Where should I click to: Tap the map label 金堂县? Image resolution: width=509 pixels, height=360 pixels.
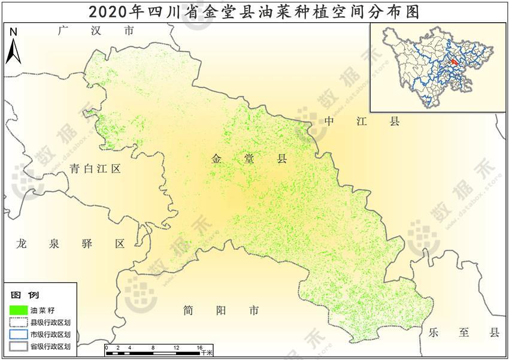coord(249,159)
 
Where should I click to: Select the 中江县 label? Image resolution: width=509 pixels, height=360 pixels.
coord(361,122)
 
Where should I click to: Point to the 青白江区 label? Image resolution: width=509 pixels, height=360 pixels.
coord(95,169)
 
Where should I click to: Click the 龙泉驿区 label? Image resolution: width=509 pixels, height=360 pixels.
coord(71,244)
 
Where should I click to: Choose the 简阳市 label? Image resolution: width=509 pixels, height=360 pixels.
coord(222,310)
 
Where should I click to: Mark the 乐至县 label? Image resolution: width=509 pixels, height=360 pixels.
coord(463,333)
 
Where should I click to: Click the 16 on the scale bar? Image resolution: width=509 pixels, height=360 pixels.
coord(200,347)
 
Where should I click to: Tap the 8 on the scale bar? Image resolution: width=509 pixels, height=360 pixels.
coord(153,347)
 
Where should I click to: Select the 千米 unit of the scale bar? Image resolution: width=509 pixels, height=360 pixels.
coord(207,353)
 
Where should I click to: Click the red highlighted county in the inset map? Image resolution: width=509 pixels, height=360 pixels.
coord(455,61)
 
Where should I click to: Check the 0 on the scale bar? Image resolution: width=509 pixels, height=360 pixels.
coord(106,347)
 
